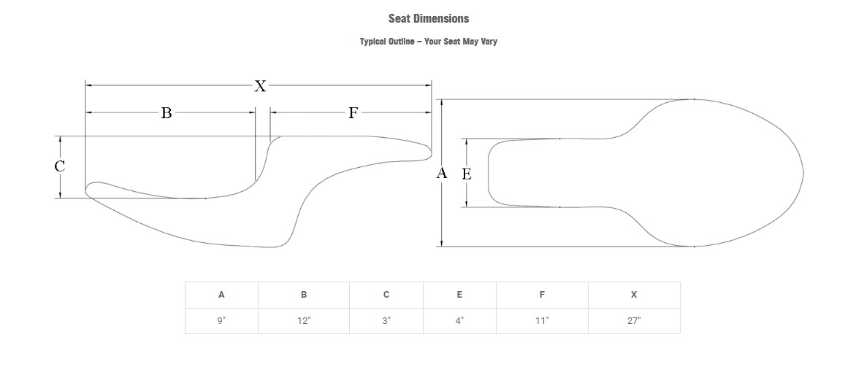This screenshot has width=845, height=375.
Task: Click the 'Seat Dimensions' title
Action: click(x=428, y=19)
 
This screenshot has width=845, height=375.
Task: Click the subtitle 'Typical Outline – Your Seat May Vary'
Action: click(x=428, y=42)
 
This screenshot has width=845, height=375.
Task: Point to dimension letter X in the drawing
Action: click(x=260, y=86)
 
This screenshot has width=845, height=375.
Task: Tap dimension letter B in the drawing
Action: click(x=167, y=113)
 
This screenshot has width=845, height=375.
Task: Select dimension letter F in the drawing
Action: click(x=353, y=113)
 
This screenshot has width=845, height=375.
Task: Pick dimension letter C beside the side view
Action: click(x=60, y=166)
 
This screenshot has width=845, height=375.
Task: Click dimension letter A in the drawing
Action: click(x=441, y=174)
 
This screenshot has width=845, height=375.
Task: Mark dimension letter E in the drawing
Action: click(x=467, y=174)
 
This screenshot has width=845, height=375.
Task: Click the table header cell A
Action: click(x=221, y=295)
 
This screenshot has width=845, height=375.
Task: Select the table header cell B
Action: click(x=304, y=295)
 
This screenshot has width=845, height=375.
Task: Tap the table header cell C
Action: click(x=386, y=295)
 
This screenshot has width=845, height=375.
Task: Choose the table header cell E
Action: click(x=459, y=295)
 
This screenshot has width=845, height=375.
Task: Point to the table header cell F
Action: click(x=542, y=295)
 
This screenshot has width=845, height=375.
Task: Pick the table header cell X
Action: click(x=634, y=295)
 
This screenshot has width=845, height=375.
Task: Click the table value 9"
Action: click(x=221, y=321)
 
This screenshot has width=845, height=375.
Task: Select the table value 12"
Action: click(x=304, y=321)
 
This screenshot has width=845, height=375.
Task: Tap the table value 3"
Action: click(x=386, y=321)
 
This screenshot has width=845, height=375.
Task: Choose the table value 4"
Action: click(x=459, y=321)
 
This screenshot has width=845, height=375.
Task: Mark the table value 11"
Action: click(x=542, y=321)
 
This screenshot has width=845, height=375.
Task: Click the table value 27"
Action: click(x=634, y=321)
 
